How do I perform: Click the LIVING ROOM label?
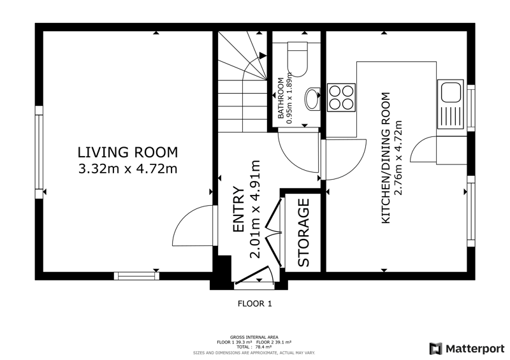point(128,152)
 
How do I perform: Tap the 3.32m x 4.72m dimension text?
point(128,169)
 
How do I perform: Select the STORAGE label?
point(304,233)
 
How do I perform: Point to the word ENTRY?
point(238,210)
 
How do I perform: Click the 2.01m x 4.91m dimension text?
point(256,210)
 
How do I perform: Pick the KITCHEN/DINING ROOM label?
point(386,158)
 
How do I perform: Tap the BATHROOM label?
point(280,98)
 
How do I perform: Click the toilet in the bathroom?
point(298,59)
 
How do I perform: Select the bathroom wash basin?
point(312,99)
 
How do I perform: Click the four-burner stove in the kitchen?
point(341,97)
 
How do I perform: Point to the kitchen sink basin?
point(451,92)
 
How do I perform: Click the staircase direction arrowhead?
point(263,56)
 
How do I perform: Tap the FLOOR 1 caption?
point(255,304)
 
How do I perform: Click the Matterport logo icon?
point(435,349)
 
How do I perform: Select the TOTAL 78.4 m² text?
point(254,347)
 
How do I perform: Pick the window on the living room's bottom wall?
point(136,276)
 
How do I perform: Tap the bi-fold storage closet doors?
point(274,232)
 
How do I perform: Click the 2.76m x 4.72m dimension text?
point(398,158)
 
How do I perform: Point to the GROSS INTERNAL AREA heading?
point(254,337)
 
